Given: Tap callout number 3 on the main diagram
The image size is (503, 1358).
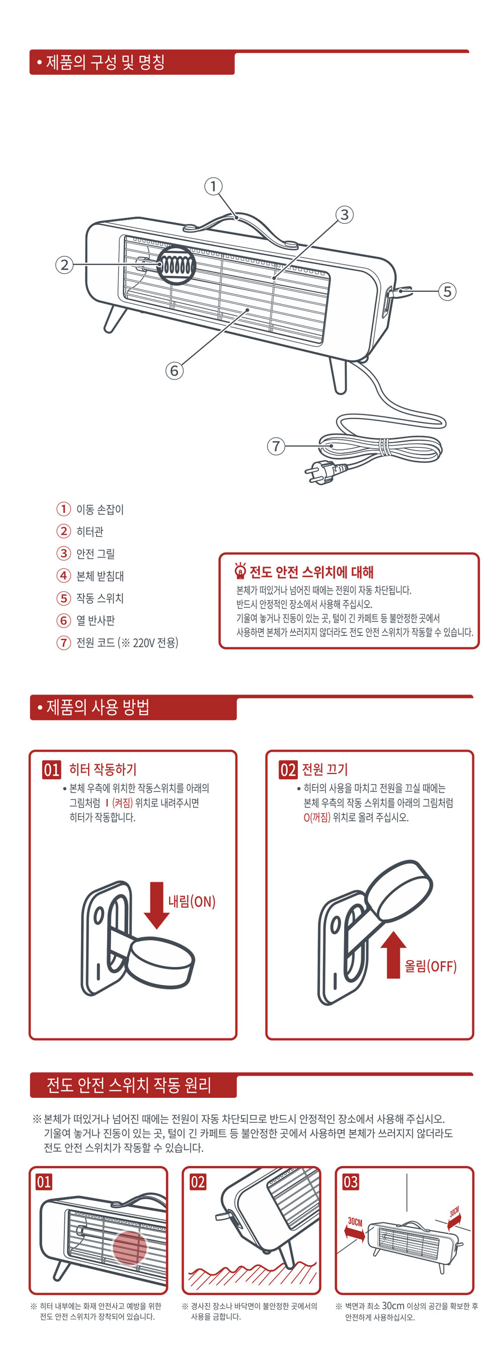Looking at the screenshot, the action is (344, 214).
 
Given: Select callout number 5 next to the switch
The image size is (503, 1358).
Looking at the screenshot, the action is (447, 291).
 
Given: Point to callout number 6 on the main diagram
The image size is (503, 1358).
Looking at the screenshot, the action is (175, 371).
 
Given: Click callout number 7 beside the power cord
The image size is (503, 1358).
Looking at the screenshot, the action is (276, 446).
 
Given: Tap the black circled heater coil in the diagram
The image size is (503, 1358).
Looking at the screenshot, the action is (176, 265).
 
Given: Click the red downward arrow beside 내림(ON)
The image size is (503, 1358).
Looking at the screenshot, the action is (156, 905).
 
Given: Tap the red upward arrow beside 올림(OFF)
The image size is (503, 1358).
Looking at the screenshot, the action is (393, 954).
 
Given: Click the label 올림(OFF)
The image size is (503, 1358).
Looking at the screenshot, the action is (430, 966).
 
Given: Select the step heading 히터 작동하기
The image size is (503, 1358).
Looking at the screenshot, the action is (103, 769).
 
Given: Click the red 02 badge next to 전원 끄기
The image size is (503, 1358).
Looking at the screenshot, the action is (288, 770).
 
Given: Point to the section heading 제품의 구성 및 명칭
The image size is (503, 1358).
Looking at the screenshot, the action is (106, 62).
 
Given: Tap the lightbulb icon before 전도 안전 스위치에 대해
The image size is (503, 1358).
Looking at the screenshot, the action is (240, 571).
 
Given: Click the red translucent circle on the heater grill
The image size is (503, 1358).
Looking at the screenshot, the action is (130, 1248).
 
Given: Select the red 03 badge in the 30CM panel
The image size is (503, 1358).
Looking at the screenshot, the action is (351, 1182).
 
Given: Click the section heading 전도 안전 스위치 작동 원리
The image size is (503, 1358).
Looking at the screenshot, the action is (129, 1085).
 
